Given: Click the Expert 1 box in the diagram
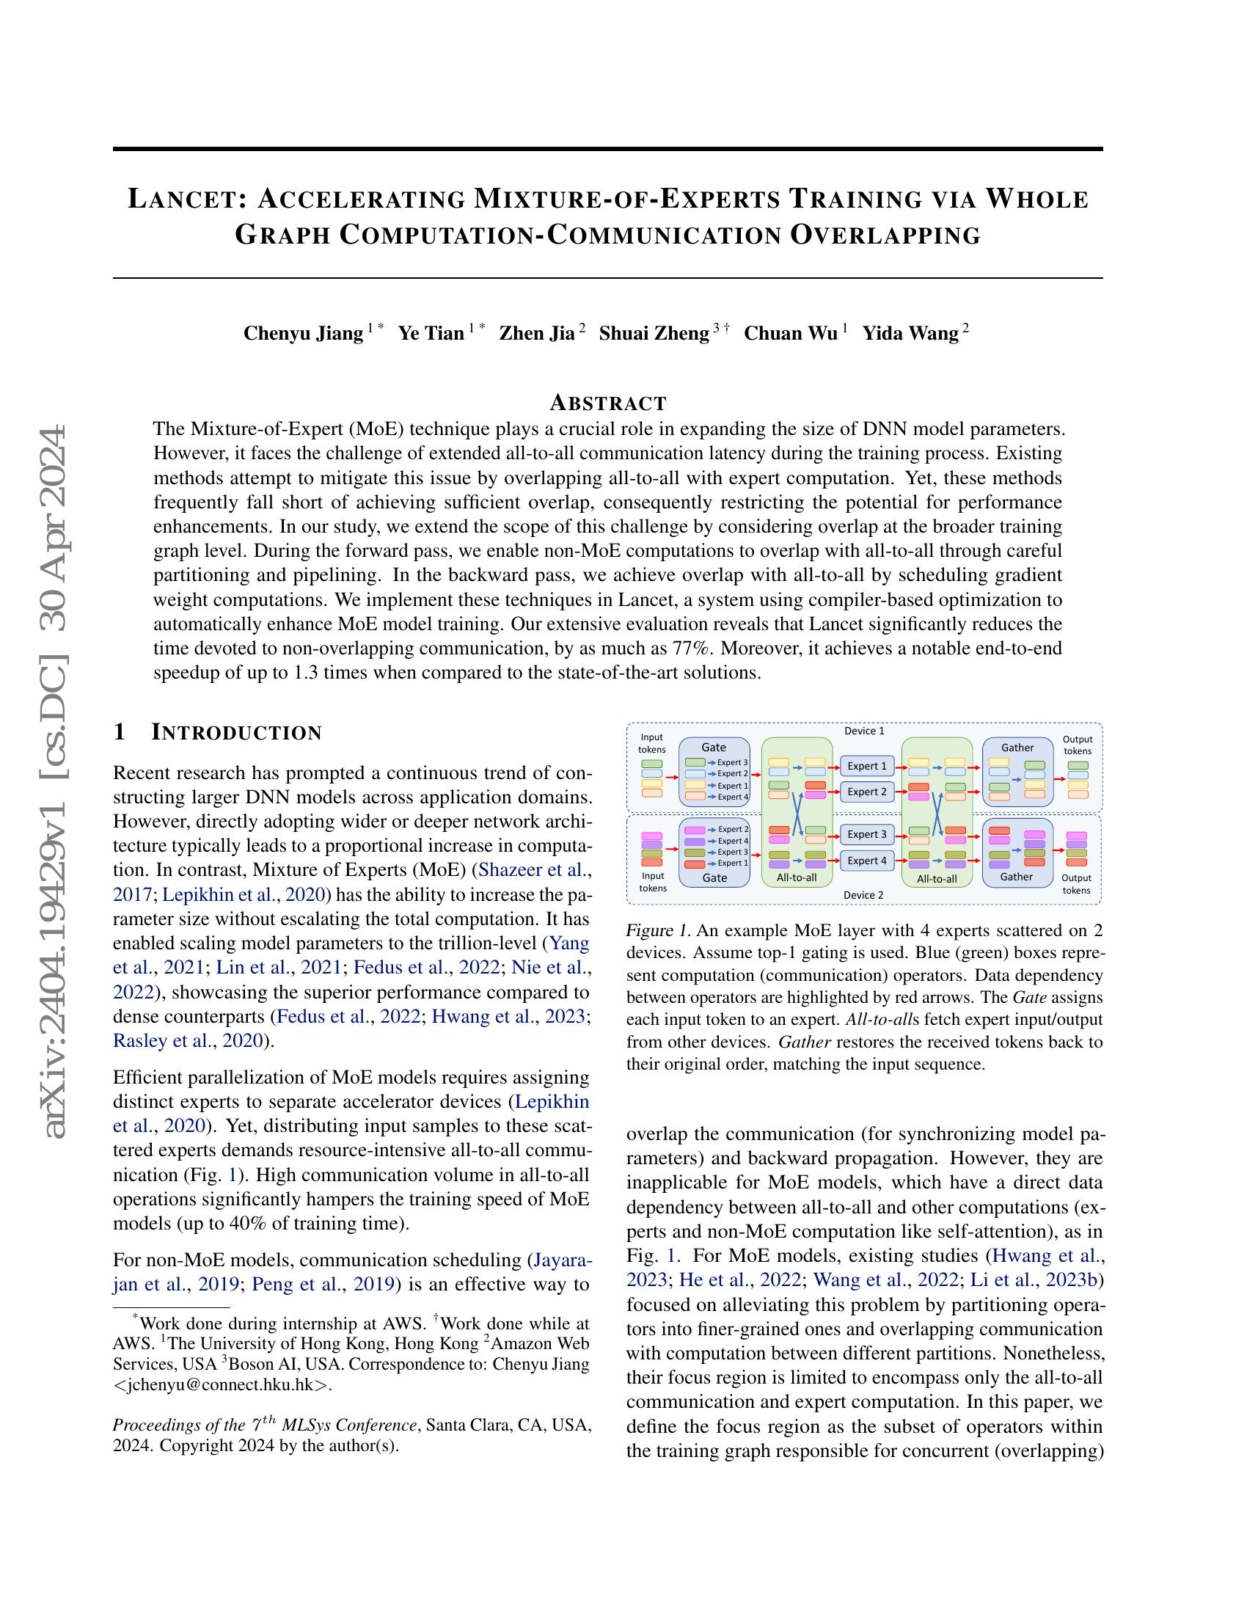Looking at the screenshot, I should click(x=866, y=766).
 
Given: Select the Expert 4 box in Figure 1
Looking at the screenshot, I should click(x=866, y=861).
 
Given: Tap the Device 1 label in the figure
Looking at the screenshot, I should click(x=863, y=731).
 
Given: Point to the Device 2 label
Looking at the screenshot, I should click(x=863, y=895).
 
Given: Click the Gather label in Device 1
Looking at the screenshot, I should click(x=1017, y=747).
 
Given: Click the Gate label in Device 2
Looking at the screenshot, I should click(x=714, y=878).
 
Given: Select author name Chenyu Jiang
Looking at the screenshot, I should click(x=303, y=333).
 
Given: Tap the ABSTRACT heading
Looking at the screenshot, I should click(x=608, y=403).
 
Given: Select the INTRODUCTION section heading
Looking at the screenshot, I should click(x=236, y=732).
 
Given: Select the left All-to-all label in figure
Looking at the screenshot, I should click(x=797, y=878).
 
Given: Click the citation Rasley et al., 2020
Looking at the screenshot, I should click(x=188, y=1040).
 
